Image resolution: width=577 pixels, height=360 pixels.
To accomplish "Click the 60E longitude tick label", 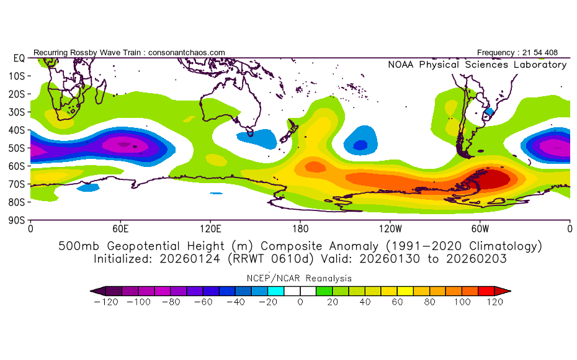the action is [120, 229].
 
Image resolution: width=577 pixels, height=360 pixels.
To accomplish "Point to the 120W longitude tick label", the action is [390, 229].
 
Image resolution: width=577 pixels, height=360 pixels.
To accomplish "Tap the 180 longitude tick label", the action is [300, 229].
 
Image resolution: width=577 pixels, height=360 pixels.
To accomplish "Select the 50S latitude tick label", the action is [17, 148].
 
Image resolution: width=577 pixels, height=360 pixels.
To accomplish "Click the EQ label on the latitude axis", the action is [19, 58].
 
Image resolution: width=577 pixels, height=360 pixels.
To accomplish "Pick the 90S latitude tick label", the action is [17, 220].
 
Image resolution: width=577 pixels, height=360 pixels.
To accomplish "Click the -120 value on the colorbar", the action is [106, 302].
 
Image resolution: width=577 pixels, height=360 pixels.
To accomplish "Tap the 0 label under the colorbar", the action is [300, 302].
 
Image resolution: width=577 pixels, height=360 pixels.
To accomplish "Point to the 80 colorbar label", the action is [429, 302].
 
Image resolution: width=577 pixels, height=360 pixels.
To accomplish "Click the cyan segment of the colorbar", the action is [275, 291].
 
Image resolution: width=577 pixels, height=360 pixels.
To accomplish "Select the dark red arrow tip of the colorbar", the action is [503, 291].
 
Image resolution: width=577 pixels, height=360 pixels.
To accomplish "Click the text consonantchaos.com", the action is [187, 53].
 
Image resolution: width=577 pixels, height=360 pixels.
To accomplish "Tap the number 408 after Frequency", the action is [551, 53].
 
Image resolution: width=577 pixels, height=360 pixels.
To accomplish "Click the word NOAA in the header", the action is [401, 65].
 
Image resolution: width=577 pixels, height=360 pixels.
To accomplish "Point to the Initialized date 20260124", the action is [189, 259].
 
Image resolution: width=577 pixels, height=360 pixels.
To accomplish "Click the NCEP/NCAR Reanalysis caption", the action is [299, 278].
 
